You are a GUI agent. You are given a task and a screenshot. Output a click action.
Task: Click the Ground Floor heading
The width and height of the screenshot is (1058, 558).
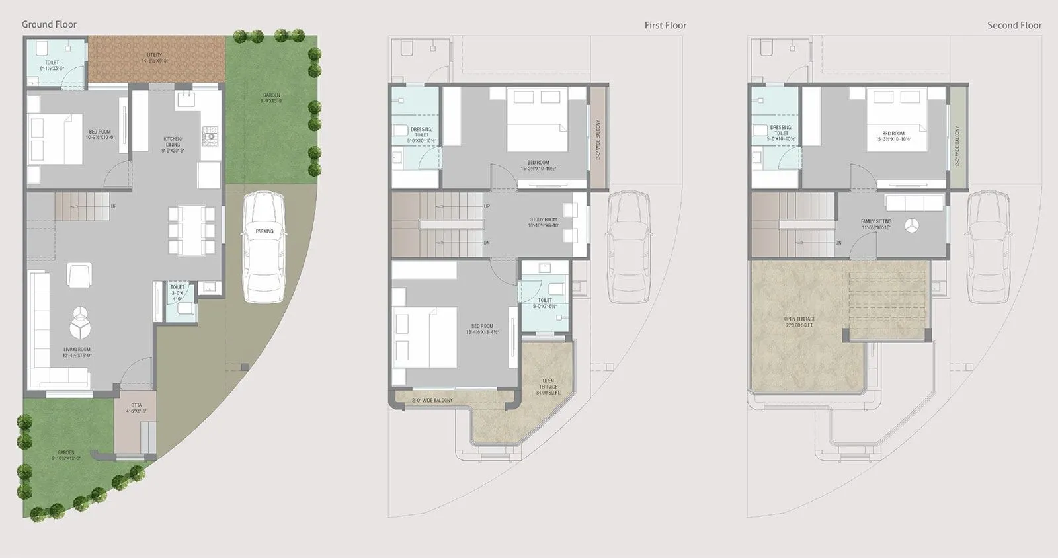49,24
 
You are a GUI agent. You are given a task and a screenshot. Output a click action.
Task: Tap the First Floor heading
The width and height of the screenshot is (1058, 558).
665,25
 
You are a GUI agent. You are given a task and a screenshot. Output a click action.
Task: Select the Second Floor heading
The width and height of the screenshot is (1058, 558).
1014,25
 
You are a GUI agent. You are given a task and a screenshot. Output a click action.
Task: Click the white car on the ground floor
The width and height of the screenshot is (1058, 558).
264,247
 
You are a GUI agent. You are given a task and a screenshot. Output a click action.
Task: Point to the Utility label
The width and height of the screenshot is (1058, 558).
155,58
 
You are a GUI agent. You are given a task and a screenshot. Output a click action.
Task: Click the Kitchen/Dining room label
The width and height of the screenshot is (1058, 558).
173,144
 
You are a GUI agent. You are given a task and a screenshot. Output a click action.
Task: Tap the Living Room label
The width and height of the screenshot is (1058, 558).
77,352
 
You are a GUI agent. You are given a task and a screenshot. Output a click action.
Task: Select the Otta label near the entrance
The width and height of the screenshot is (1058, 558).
136,408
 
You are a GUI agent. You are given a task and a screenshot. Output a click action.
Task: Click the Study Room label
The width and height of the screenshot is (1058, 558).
544,222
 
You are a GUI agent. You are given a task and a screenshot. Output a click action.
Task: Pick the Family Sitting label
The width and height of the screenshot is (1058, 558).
876,224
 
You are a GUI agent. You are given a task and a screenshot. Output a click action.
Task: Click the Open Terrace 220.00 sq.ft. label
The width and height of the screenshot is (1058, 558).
800,322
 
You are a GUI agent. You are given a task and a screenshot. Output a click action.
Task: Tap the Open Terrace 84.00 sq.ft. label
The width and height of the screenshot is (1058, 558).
548,387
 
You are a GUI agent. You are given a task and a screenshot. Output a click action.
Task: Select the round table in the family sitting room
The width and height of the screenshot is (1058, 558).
911,225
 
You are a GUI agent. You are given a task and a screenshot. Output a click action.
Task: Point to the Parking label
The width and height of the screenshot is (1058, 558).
264,231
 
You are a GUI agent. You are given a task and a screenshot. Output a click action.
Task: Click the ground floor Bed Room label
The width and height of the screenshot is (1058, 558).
101,134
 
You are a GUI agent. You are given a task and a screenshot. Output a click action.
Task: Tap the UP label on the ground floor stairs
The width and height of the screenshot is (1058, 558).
114,206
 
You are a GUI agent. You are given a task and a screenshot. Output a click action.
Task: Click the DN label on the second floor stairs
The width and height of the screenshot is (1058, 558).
838,243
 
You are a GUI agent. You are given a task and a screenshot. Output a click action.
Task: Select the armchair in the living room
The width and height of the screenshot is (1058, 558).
79,274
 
